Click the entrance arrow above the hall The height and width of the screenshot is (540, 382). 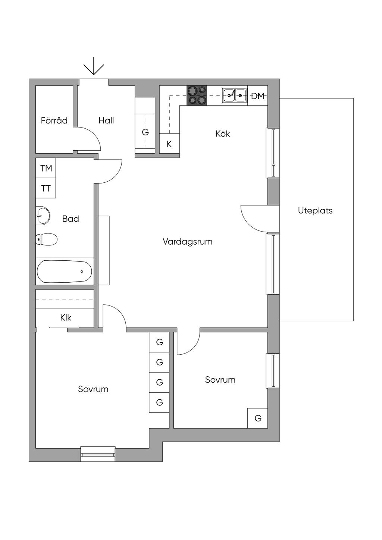(x=94, y=66)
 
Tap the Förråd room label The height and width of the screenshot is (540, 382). (x=54, y=120)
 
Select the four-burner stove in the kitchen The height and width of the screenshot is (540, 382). (x=197, y=96)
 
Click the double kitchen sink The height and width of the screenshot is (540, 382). (x=235, y=95)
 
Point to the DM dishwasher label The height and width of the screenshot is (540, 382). (x=258, y=96)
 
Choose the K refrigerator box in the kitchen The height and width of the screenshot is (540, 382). (x=169, y=143)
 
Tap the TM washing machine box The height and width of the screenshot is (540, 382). (x=46, y=168)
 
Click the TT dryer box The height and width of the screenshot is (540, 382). (x=46, y=188)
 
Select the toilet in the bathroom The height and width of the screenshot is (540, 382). (x=47, y=240)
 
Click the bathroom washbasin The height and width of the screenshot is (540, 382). (x=43, y=216)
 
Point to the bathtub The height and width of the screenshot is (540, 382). (x=65, y=271)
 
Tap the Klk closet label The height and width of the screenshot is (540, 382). (x=66, y=318)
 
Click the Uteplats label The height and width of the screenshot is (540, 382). (x=315, y=210)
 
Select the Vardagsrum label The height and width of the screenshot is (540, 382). (x=188, y=242)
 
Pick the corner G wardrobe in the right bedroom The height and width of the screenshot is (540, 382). (x=258, y=418)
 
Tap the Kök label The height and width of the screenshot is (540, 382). (x=223, y=134)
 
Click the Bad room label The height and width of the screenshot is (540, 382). (x=71, y=219)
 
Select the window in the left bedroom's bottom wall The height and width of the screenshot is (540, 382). (x=98, y=454)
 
